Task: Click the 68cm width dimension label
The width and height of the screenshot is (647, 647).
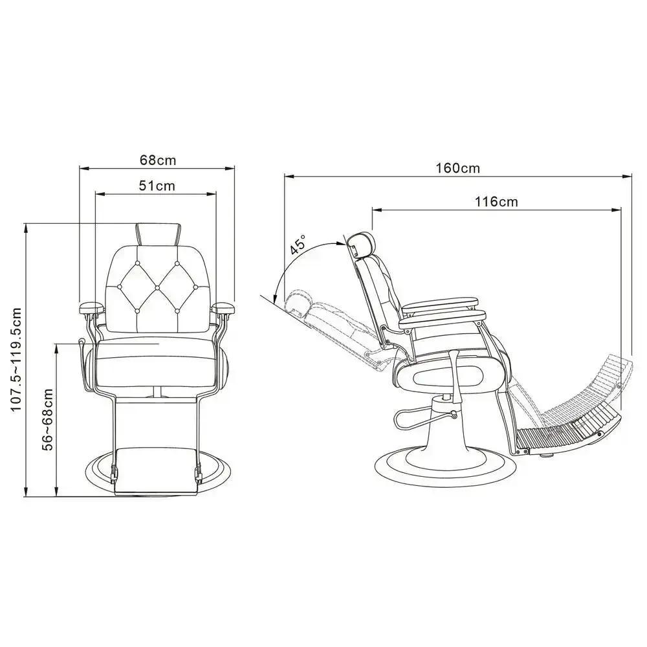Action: (158, 159)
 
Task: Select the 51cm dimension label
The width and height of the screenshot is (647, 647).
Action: (157, 185)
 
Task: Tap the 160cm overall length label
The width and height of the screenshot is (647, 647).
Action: (457, 168)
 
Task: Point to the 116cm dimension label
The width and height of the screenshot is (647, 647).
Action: (496, 201)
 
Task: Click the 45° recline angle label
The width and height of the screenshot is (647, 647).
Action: (298, 247)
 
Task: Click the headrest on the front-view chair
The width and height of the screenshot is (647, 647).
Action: (157, 234)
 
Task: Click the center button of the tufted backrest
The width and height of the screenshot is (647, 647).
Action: (157, 287)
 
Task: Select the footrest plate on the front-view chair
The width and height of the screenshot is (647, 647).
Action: (156, 468)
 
